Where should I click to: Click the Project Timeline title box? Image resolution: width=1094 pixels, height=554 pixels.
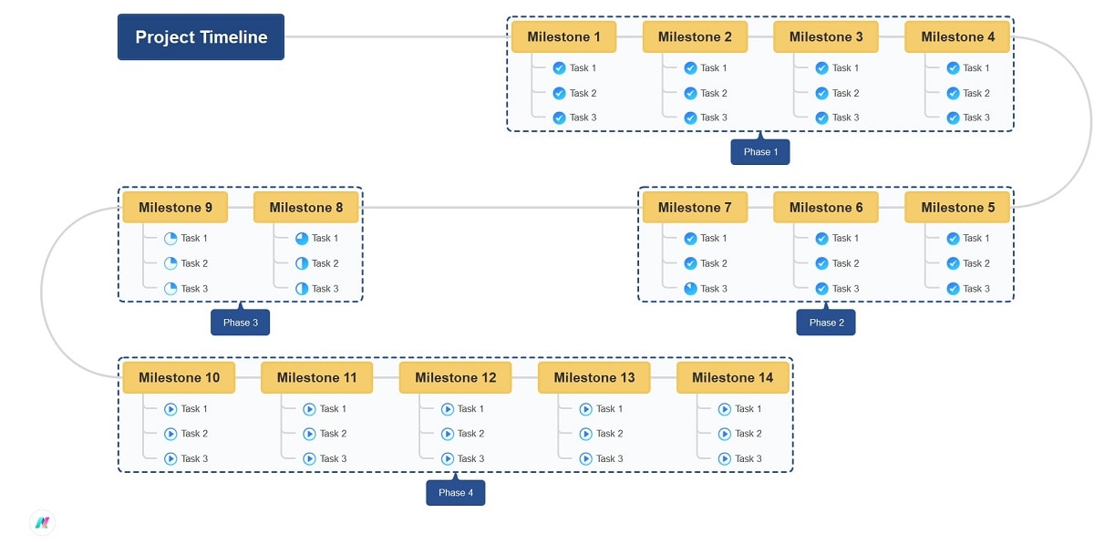(x=201, y=37)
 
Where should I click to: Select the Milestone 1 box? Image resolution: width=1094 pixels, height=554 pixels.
(x=563, y=37)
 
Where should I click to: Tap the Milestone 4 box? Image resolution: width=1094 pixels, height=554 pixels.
(x=957, y=37)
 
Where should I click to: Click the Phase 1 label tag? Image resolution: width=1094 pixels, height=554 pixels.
(x=759, y=152)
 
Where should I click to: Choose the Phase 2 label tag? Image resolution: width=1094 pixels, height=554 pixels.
(x=825, y=323)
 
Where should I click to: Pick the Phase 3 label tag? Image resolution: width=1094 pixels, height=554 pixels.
(x=240, y=323)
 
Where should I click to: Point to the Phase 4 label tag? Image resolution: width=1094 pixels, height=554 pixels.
(x=455, y=493)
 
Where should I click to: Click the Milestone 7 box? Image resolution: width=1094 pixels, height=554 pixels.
(x=695, y=208)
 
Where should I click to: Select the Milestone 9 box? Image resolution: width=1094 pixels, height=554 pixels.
(x=175, y=208)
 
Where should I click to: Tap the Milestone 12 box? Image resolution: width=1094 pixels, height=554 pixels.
(x=455, y=378)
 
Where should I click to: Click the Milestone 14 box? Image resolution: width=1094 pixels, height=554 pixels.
(x=732, y=378)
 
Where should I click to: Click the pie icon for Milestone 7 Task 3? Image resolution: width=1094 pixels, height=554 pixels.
(x=690, y=289)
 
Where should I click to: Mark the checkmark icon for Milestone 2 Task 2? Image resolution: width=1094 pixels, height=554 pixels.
(x=690, y=93)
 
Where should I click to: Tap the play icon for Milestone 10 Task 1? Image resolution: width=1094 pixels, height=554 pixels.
(x=170, y=409)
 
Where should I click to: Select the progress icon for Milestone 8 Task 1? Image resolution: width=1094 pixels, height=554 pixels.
(x=302, y=239)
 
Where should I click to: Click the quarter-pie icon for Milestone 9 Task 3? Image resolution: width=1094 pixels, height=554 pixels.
(x=170, y=289)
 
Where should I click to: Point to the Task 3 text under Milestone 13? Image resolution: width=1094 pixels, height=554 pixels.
(x=609, y=459)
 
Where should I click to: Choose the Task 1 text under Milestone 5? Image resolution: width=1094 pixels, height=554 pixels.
(x=976, y=239)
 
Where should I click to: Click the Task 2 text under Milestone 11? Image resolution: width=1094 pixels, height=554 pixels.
(x=333, y=434)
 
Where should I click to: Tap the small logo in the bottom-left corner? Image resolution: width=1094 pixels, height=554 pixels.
(x=42, y=522)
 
